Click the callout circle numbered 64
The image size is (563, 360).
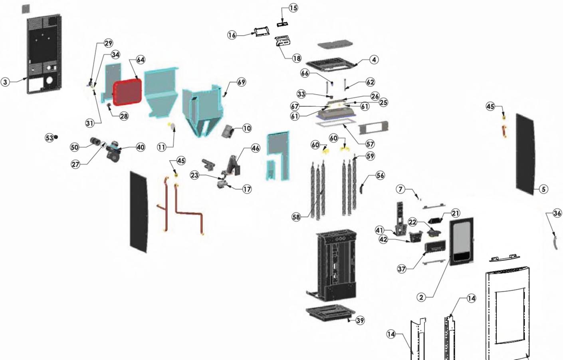tap(141, 60)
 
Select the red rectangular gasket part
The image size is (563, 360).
tap(127, 92)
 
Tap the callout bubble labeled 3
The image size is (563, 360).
tap(5, 82)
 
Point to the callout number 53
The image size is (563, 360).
tap(49, 137)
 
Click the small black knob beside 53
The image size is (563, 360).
tap(56, 137)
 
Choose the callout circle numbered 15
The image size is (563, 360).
tap(293, 8)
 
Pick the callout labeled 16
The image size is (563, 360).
tap(232, 35)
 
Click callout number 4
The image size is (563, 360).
tap(374, 60)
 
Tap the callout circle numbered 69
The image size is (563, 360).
tap(241, 82)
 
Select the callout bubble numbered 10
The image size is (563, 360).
tap(247, 128)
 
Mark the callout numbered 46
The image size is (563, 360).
tap(256, 148)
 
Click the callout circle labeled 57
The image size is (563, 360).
tap(370, 144)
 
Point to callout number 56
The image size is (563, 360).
tap(380, 175)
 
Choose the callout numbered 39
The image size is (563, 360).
tap(360, 320)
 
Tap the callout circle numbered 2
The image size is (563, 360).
tap(422, 297)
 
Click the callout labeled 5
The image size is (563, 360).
tap(543, 189)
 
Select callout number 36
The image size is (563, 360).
tap(557, 213)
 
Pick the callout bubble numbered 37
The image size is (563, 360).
tap(402, 269)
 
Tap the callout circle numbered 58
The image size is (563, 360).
tap(296, 217)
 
